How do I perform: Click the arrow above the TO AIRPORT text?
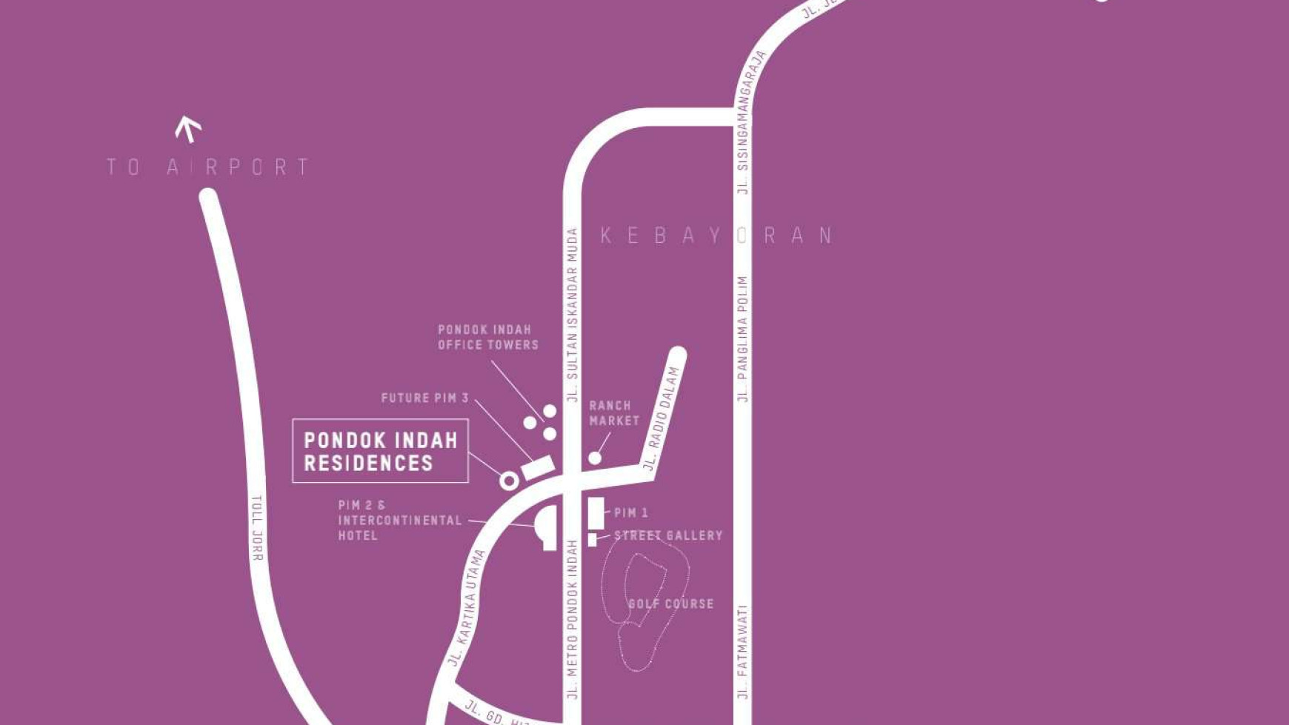click(x=188, y=129)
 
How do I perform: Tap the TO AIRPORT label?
click(x=208, y=167)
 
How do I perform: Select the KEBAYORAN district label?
click(x=716, y=235)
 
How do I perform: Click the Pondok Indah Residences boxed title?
click(x=380, y=451)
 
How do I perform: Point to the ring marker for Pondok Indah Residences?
click(x=509, y=481)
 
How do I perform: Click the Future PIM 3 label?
click(x=424, y=398)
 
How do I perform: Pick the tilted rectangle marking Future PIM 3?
click(x=538, y=468)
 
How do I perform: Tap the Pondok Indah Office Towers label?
click(x=487, y=337)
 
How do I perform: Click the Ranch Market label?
click(x=613, y=413)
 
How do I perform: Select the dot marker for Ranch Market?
click(x=595, y=458)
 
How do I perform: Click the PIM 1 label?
click(x=631, y=512)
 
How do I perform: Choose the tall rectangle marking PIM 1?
click(x=596, y=513)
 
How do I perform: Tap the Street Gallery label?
click(x=668, y=535)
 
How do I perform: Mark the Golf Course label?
click(x=670, y=604)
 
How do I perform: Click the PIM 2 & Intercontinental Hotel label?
click(x=399, y=520)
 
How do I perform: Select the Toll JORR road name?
click(x=257, y=528)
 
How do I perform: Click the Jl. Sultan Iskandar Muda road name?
click(x=572, y=315)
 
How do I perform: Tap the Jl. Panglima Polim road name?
click(x=743, y=339)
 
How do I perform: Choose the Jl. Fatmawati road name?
click(x=743, y=652)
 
